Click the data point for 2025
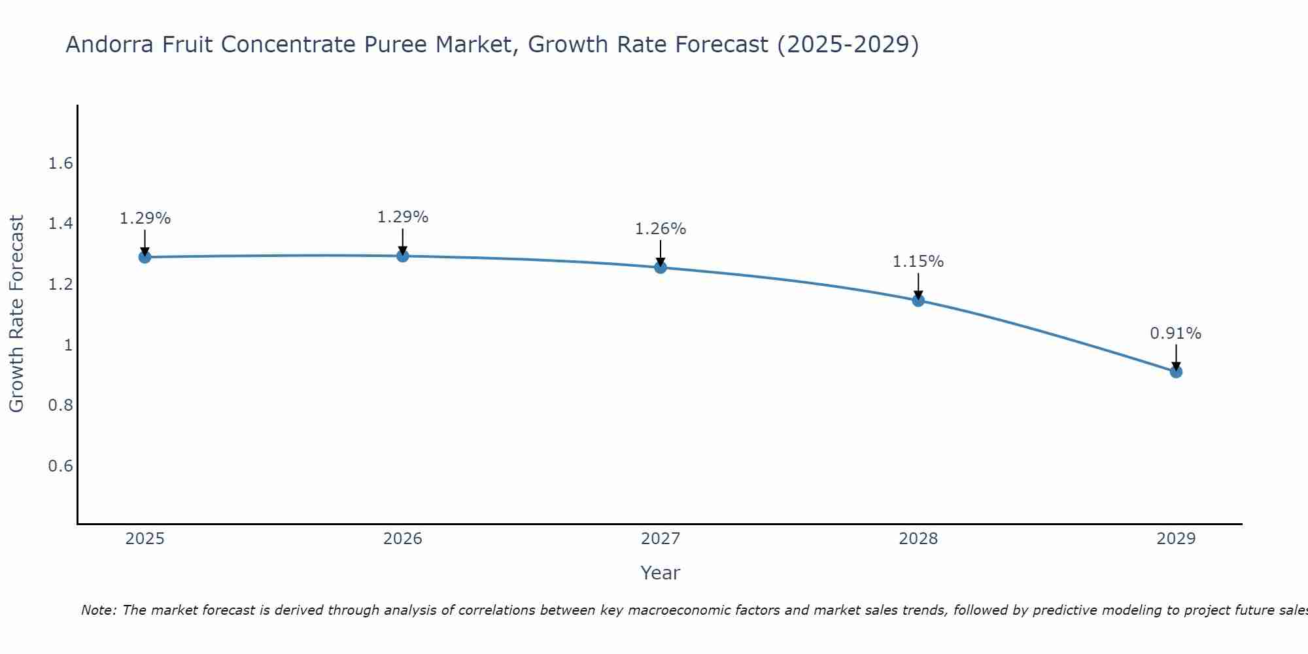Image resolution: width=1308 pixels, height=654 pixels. click(145, 257)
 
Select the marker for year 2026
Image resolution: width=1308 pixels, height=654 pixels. click(403, 256)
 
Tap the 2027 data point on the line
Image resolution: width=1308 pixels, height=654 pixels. click(661, 267)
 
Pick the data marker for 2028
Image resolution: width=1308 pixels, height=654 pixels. click(918, 300)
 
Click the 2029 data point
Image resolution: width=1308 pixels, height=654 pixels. click(1176, 371)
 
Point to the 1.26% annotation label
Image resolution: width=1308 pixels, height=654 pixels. click(661, 229)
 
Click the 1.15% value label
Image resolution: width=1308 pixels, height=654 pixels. click(918, 262)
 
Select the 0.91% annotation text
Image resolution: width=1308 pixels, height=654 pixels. click(1176, 334)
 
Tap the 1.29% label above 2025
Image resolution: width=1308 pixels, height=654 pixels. click(145, 218)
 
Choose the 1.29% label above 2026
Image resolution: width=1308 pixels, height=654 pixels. click(403, 217)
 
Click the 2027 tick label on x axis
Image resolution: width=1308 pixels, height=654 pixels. click(661, 539)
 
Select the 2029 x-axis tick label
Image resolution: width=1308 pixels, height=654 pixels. click(1176, 539)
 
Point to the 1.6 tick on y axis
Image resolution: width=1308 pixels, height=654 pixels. click(61, 163)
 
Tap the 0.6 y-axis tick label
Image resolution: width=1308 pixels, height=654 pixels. click(61, 466)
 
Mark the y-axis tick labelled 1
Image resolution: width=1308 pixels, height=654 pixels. click(68, 345)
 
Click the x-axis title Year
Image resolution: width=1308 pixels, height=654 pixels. click(661, 573)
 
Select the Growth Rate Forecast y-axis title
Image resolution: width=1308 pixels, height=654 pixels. click(16, 314)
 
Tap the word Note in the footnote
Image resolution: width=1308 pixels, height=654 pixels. click(98, 610)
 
